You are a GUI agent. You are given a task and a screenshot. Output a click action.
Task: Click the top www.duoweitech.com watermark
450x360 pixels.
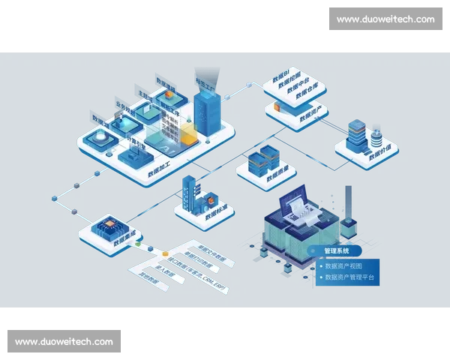(x=385, y=19)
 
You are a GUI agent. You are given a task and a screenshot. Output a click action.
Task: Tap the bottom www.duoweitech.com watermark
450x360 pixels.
(x=64, y=342)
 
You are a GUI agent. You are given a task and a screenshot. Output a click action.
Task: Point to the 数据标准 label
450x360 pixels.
(x=217, y=211)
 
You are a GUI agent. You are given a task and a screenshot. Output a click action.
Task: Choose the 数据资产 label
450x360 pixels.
(x=310, y=115)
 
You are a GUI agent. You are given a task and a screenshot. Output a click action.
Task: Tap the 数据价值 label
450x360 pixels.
(x=381, y=152)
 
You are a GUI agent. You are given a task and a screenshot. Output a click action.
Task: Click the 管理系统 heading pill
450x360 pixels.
(x=337, y=250)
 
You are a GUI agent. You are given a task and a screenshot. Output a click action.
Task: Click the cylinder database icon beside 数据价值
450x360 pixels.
(x=376, y=138)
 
